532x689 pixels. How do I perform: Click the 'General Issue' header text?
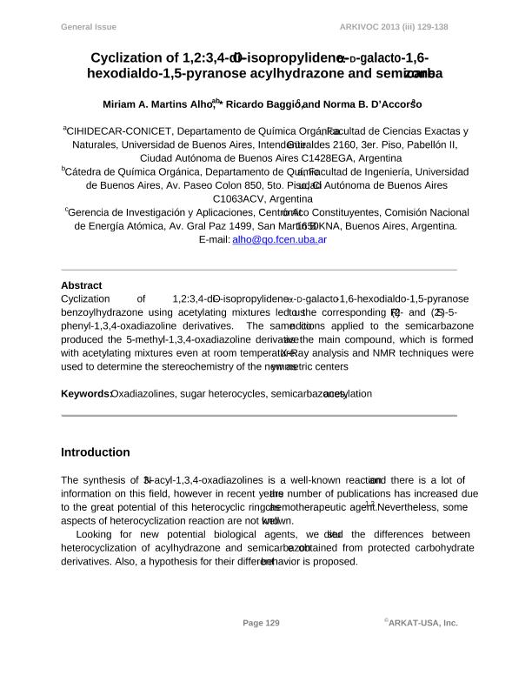(x=88, y=27)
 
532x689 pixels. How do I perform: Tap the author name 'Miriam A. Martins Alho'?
(x=157, y=104)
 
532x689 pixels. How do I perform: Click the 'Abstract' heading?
(x=81, y=285)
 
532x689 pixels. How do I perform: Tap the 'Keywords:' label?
(x=85, y=394)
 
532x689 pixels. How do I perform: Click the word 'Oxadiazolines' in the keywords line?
(x=143, y=394)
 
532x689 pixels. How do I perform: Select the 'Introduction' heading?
(x=95, y=452)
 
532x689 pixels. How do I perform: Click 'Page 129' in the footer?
(x=261, y=623)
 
